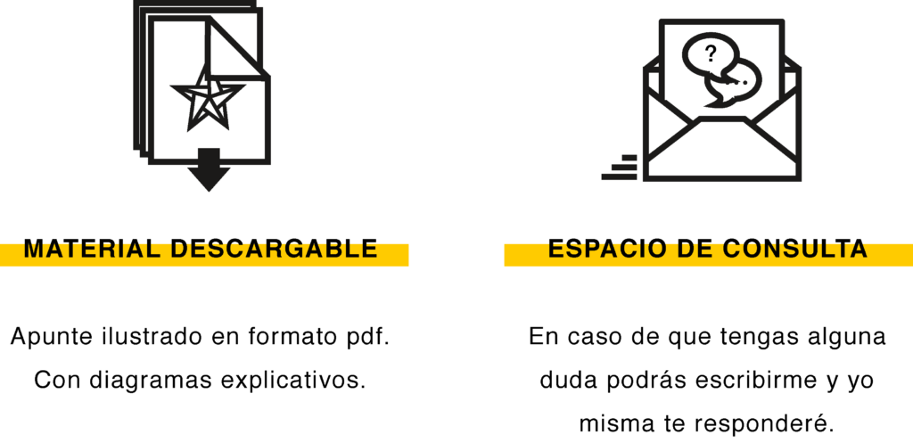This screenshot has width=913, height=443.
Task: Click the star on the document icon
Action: tap(207, 96)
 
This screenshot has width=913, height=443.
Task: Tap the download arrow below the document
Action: tap(209, 171)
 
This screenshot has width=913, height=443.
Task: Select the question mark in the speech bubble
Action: tap(711, 53)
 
